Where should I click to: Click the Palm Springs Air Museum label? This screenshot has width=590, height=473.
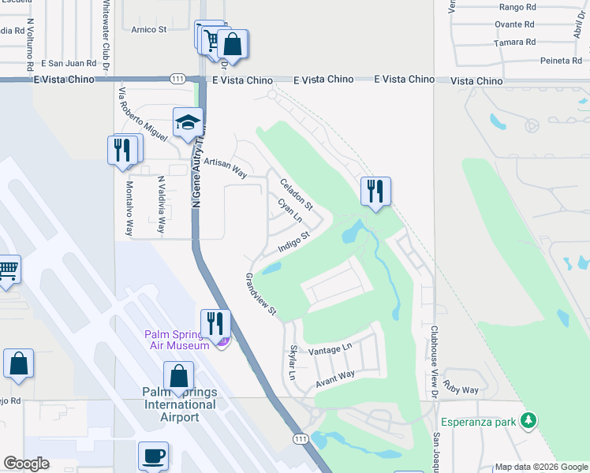177,339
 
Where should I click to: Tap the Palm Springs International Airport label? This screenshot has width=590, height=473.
179,404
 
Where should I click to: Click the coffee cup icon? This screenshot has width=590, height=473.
153,456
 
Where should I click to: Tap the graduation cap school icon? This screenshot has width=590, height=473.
188,122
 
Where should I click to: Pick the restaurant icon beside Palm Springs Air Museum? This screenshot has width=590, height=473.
213,322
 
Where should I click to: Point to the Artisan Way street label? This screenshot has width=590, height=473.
225,167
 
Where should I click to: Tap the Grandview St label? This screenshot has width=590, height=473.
260,294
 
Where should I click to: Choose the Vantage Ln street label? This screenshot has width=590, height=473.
330,349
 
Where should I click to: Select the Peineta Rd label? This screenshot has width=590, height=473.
561,61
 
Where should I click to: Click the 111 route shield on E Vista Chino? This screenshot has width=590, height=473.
177,79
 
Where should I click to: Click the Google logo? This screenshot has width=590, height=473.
26,464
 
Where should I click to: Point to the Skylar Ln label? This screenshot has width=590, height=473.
293,363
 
